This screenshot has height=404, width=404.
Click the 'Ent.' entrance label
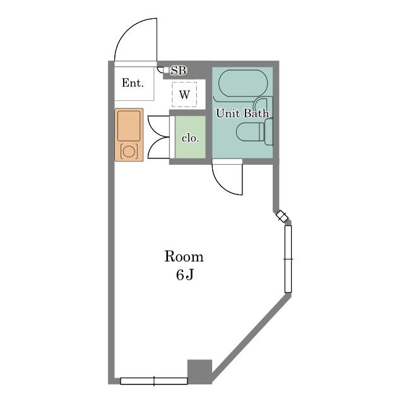(x=133, y=83)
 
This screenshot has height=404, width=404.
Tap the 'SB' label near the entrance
(x=179, y=70)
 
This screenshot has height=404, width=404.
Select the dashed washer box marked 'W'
(x=184, y=94)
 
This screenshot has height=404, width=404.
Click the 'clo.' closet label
(x=190, y=138)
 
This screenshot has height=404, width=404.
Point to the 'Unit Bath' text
(x=242, y=114)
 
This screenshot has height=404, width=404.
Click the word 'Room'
(x=184, y=257)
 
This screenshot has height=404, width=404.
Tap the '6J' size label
(x=185, y=275)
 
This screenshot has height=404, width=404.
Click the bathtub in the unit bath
(x=243, y=83)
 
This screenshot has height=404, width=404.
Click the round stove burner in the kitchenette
(x=129, y=151)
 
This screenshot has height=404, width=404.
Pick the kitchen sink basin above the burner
(x=129, y=126)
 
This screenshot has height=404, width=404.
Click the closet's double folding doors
(x=158, y=137)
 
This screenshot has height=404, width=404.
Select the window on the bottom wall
(x=154, y=381)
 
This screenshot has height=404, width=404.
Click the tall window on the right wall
(x=288, y=259)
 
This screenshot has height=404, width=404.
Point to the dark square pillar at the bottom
(x=199, y=371)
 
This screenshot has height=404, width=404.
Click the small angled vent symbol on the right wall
(x=282, y=216)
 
